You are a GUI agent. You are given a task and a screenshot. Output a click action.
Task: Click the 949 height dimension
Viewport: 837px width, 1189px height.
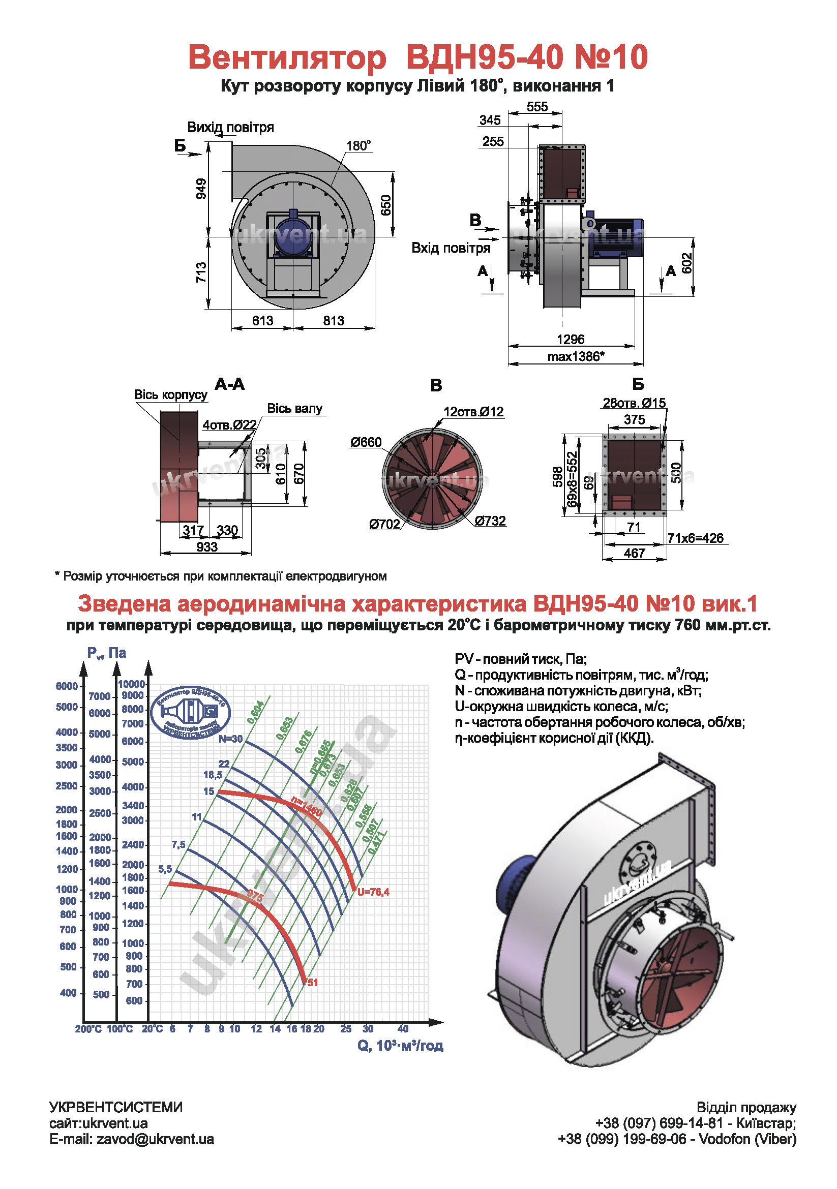(201, 189)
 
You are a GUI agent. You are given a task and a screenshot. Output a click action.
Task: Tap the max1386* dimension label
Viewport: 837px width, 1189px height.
(576, 357)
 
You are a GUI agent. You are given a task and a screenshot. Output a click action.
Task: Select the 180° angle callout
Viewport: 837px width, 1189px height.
(358, 146)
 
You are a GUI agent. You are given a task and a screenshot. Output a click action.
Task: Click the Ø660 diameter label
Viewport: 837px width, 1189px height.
(366, 442)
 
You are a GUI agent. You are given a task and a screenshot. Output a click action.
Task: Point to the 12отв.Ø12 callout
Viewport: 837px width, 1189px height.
(473, 412)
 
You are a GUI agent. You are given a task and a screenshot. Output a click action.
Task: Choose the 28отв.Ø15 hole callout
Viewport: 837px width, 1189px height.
(634, 403)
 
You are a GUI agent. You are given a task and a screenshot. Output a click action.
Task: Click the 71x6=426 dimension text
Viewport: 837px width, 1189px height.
(695, 538)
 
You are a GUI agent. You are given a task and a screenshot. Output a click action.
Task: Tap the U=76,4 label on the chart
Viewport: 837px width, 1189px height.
(373, 892)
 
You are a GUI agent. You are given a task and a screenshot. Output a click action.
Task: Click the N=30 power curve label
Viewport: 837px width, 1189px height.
(230, 739)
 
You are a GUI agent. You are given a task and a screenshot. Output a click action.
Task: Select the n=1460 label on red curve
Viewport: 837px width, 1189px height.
(307, 807)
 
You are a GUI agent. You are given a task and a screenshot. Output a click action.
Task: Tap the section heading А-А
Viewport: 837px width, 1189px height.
(229, 384)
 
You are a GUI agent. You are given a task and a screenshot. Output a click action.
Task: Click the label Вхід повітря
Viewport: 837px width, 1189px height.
(451, 248)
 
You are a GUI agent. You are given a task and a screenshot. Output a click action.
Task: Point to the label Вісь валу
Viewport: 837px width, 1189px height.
(294, 409)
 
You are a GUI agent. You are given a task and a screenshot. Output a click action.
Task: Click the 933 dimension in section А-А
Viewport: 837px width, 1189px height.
(206, 547)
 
